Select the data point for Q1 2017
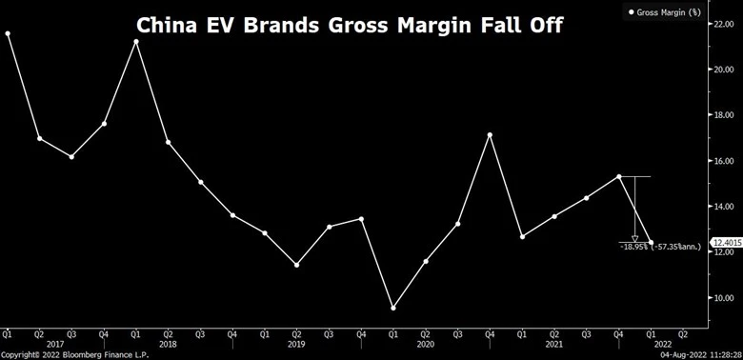pyautogui.click(x=8, y=33)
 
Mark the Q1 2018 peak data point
pyautogui.click(x=136, y=42)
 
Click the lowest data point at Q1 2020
pyautogui.click(x=392, y=308)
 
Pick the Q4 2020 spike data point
pyautogui.click(x=490, y=135)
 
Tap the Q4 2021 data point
pyautogui.click(x=619, y=177)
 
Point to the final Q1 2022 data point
pyautogui.click(x=651, y=243)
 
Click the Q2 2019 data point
pyautogui.click(x=296, y=265)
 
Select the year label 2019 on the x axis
pyautogui.click(x=296, y=345)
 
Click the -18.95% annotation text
pyautogui.click(x=633, y=247)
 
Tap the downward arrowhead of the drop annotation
pyautogui.click(x=635, y=239)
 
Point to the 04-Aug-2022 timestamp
pyautogui.click(x=686, y=355)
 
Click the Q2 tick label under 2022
pyautogui.click(x=683, y=334)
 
